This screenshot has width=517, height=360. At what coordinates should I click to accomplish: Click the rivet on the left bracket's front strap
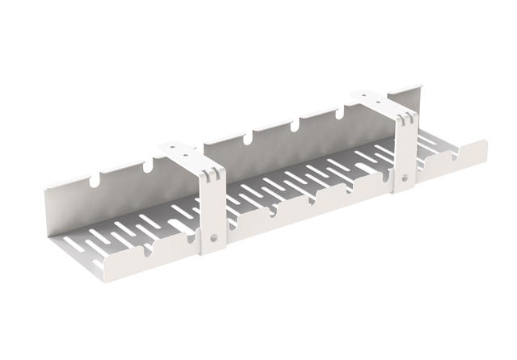point(214,237)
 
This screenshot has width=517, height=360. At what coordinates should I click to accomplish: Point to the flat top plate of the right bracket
point(376,99)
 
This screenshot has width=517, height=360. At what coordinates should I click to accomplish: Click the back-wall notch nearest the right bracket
point(337,113)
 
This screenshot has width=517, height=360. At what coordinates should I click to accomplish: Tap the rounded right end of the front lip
point(484,149)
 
